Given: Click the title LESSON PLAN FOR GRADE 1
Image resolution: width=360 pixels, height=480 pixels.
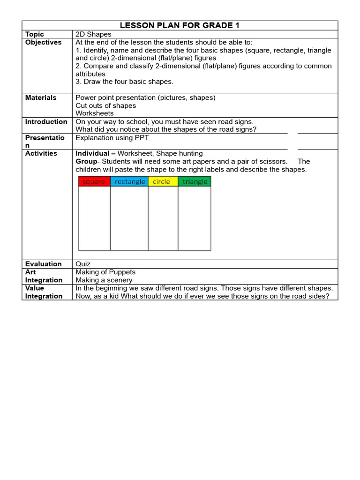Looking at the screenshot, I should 180,25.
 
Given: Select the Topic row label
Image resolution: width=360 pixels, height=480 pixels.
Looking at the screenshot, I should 34,34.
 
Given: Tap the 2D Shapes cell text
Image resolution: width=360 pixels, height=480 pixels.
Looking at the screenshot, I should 94,34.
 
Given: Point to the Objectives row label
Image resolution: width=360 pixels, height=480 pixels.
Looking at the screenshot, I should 43,42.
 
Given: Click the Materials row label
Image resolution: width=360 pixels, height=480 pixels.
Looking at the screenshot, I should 41,97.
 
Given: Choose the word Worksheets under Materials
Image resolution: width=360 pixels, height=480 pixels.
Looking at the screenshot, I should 95,113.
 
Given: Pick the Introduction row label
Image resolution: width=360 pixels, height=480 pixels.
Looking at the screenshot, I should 46,121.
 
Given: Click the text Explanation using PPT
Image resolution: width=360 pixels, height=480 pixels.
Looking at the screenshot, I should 112,138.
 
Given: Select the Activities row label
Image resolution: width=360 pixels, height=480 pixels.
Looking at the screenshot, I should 41,153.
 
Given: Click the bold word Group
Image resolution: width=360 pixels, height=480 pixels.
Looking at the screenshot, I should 86,161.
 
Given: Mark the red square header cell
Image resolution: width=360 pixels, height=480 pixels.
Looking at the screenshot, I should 94,181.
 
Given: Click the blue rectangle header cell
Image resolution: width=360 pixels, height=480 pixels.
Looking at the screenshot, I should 129,181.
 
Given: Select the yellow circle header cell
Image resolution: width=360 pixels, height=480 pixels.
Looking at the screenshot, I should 163,181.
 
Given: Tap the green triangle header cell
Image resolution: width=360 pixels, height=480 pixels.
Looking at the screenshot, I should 195,181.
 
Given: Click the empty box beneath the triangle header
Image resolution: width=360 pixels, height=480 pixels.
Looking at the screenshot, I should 195,218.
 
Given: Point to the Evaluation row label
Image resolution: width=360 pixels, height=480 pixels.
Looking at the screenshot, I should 43,264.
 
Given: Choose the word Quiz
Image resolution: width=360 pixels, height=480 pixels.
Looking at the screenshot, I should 83,264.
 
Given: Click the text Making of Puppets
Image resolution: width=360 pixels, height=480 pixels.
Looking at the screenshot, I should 105,272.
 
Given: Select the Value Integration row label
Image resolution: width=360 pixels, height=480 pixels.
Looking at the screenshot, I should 44,292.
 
